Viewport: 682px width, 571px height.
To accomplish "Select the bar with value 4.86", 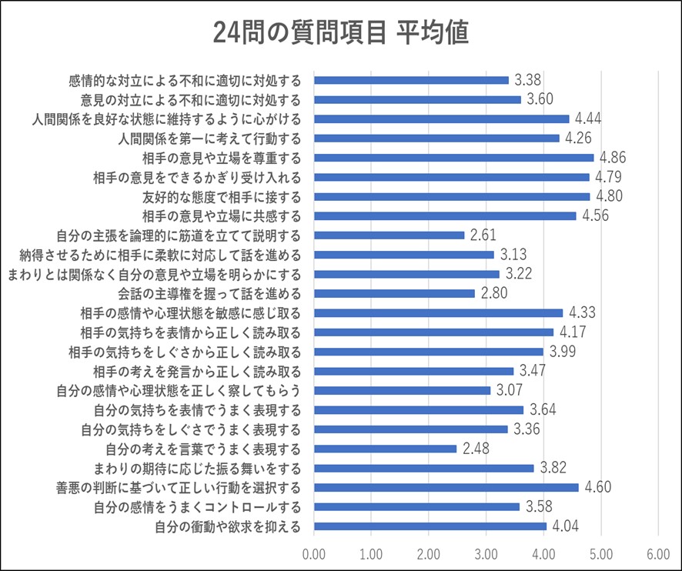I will click(454, 157).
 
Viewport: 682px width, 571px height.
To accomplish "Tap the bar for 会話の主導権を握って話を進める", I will click(394, 293).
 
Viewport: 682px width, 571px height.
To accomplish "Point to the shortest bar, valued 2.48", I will click(385, 449).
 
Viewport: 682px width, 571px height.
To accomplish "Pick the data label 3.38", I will click(528, 79).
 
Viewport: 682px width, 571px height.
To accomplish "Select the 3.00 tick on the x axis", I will click(486, 553).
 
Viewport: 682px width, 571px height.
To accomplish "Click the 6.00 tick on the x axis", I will click(658, 553).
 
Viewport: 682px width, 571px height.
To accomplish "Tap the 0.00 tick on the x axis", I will click(314, 553).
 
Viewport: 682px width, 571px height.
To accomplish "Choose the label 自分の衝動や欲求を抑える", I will click(227, 526).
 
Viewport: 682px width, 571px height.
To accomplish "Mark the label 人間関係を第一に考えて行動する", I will click(209, 138).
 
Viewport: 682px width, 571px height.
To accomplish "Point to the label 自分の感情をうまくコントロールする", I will click(197, 507).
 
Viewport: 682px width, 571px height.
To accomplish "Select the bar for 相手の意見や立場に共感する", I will click(445, 215).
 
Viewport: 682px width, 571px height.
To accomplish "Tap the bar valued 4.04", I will click(430, 526).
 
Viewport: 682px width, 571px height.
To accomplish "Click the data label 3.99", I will click(563, 352).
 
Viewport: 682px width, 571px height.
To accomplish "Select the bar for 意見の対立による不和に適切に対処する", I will click(417, 99).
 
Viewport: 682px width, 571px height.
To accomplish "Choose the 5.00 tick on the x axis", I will click(601, 553).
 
